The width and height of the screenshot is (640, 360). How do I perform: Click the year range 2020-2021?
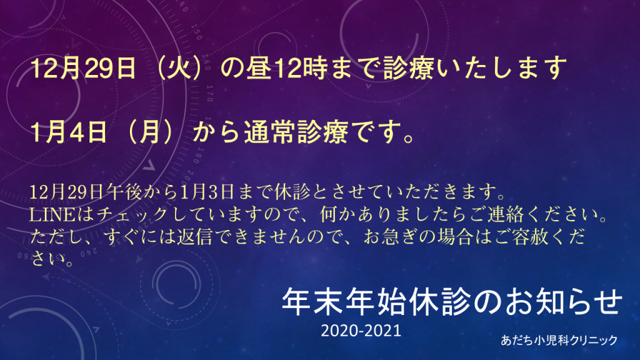pos(361,330)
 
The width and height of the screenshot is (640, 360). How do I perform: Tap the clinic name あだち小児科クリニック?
pos(559,340)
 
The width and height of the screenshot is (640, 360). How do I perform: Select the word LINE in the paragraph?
pos(52,214)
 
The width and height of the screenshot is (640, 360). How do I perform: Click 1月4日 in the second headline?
pos(68,132)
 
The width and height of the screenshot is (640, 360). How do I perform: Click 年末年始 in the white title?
pos(345,302)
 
